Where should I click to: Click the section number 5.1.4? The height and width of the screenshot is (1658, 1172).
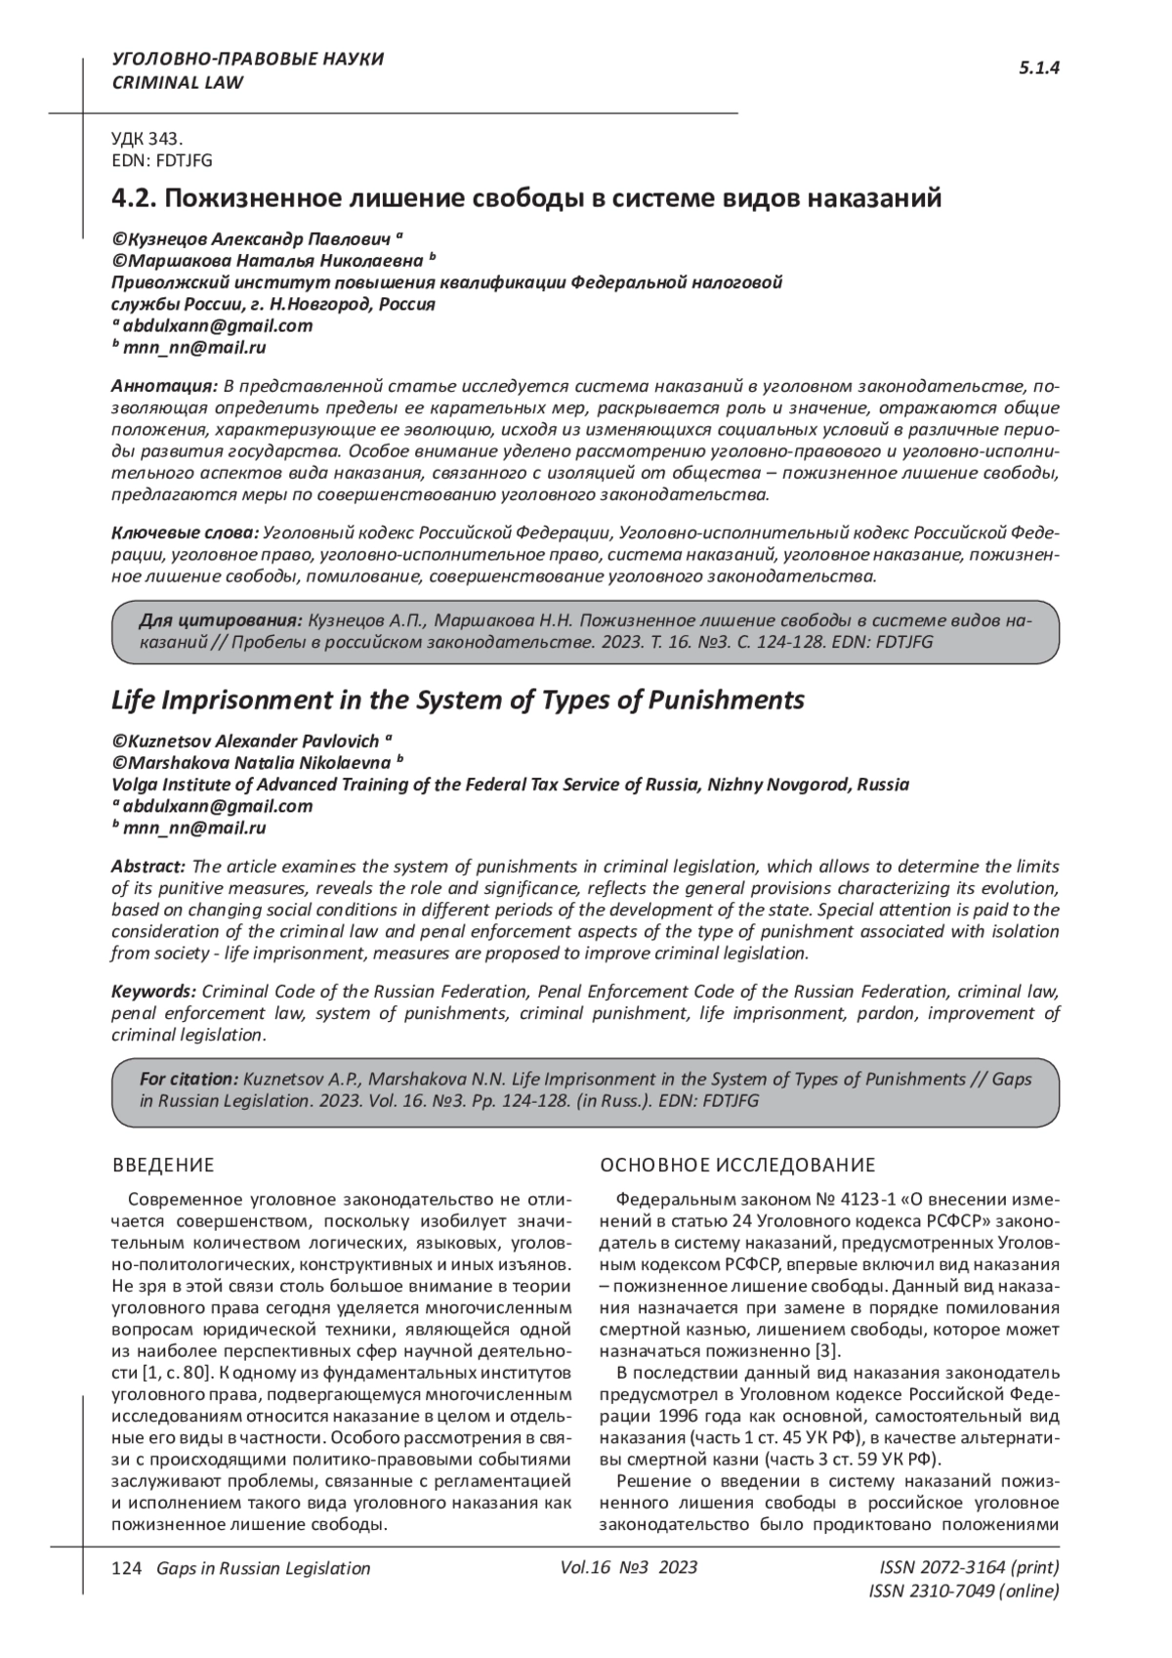pyautogui.click(x=1039, y=67)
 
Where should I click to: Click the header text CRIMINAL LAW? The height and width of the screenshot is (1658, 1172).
pyautogui.click(x=178, y=83)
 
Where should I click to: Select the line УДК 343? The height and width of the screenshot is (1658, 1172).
pyautogui.click(x=147, y=140)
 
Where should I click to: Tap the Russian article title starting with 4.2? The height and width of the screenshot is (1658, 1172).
pyautogui.click(x=527, y=198)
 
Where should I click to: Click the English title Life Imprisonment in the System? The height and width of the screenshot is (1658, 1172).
pyautogui.click(x=458, y=701)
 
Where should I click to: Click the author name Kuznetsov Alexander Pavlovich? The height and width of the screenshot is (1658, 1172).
pyautogui.click(x=252, y=740)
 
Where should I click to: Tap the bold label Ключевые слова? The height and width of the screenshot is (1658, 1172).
pyautogui.click(x=185, y=533)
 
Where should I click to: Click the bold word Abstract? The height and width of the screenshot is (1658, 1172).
pyautogui.click(x=148, y=867)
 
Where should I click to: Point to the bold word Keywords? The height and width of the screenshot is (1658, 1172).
pyautogui.click(x=153, y=992)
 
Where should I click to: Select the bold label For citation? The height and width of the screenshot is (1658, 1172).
pyautogui.click(x=188, y=1080)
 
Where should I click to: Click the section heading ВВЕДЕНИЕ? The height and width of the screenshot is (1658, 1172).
pyautogui.click(x=163, y=1165)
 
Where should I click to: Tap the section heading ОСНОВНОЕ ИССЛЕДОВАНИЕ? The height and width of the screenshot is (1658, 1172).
pyautogui.click(x=737, y=1165)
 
